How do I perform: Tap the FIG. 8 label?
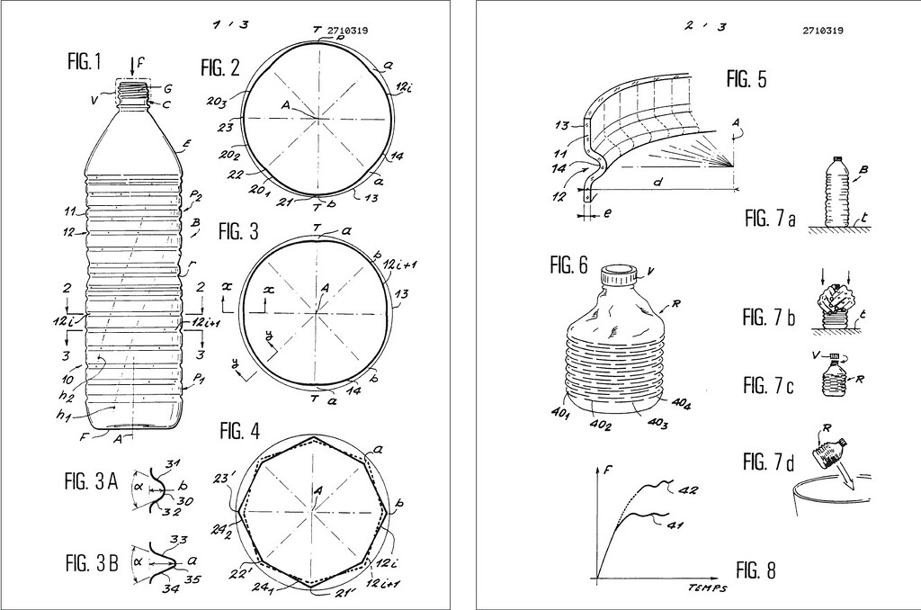[755, 570]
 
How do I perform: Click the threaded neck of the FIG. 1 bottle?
[133, 90]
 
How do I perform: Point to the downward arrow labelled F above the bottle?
[131, 65]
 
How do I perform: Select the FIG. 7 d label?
[768, 462]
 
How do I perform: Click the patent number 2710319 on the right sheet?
[822, 30]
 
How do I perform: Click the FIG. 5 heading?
[747, 79]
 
